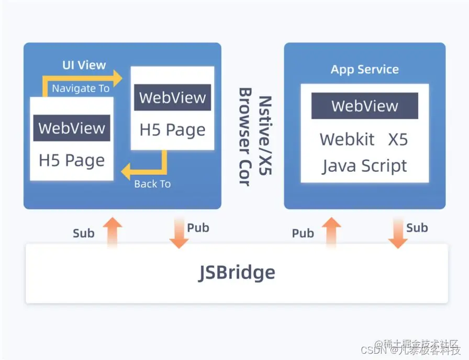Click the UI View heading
pyautogui.click(x=84, y=65)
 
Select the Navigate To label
pyautogui.click(x=81, y=88)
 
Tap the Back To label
pyautogui.click(x=152, y=184)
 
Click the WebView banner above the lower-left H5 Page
pyautogui.click(x=72, y=128)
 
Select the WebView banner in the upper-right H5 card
pyautogui.click(x=173, y=97)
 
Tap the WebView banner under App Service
pyautogui.click(x=365, y=106)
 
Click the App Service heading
pyautogui.click(x=365, y=70)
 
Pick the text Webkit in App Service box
pyautogui.click(x=347, y=139)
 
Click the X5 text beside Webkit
pyautogui.click(x=398, y=139)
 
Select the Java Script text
pyautogui.click(x=364, y=166)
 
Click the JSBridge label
pyautogui.click(x=237, y=273)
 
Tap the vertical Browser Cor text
pyautogui.click(x=244, y=137)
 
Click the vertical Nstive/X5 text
pyautogui.click(x=265, y=136)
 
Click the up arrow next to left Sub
pyautogui.click(x=112, y=232)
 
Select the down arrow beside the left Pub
pyautogui.click(x=178, y=234)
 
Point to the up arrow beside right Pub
pyautogui.click(x=331, y=232)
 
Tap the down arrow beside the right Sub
pyautogui.click(x=398, y=234)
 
